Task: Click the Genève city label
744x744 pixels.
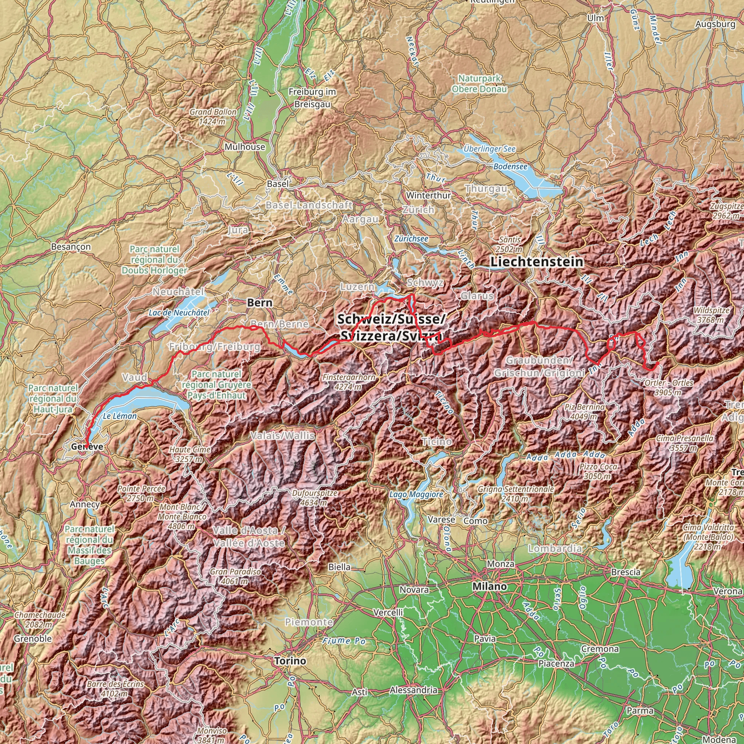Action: tap(87, 446)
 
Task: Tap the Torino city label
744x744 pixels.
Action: tap(290, 661)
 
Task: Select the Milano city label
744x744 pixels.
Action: tap(490, 586)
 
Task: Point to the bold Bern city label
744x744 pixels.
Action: tap(259, 303)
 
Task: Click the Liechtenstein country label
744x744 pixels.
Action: tap(537, 262)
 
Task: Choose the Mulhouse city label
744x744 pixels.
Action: tap(245, 147)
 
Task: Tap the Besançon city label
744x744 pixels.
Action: tap(71, 246)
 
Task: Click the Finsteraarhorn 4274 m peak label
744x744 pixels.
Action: tap(349, 382)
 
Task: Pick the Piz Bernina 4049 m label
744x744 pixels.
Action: tap(585, 412)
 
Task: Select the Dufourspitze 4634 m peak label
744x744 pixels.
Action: tap(315, 498)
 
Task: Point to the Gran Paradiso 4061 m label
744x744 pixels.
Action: tap(235, 577)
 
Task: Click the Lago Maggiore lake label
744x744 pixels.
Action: tap(416, 494)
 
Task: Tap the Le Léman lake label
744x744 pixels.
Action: tap(120, 416)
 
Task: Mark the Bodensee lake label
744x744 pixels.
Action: tap(510, 167)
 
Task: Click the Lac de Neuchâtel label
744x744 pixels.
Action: tap(179, 313)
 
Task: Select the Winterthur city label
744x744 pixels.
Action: tap(428, 195)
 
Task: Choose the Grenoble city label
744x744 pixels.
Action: tap(33, 639)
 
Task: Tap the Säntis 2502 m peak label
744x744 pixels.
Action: tap(509, 244)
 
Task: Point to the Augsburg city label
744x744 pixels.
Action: tap(715, 24)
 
